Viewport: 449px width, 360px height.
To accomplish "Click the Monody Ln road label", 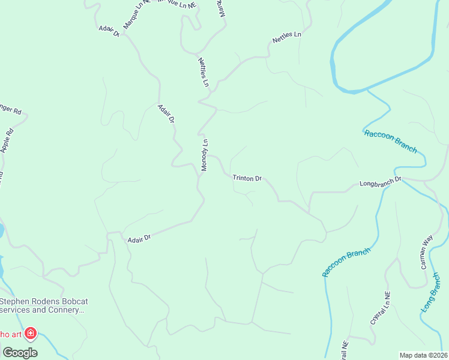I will (205, 155).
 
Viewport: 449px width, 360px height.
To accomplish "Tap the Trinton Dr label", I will (247, 178).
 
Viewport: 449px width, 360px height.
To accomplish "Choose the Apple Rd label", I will (7, 142).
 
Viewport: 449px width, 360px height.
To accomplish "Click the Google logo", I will (20, 352).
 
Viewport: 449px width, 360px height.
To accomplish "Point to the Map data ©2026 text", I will (423, 355).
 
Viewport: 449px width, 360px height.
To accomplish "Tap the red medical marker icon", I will (30, 333).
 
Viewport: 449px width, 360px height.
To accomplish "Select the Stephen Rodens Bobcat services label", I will (42, 305).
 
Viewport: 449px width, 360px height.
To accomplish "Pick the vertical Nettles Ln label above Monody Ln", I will (203, 72).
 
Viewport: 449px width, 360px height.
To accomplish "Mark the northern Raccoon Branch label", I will (390, 142).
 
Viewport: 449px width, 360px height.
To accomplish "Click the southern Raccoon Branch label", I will (346, 262).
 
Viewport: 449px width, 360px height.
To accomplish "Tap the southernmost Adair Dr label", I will (139, 238).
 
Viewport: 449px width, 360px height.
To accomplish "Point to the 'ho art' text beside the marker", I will (11, 334).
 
